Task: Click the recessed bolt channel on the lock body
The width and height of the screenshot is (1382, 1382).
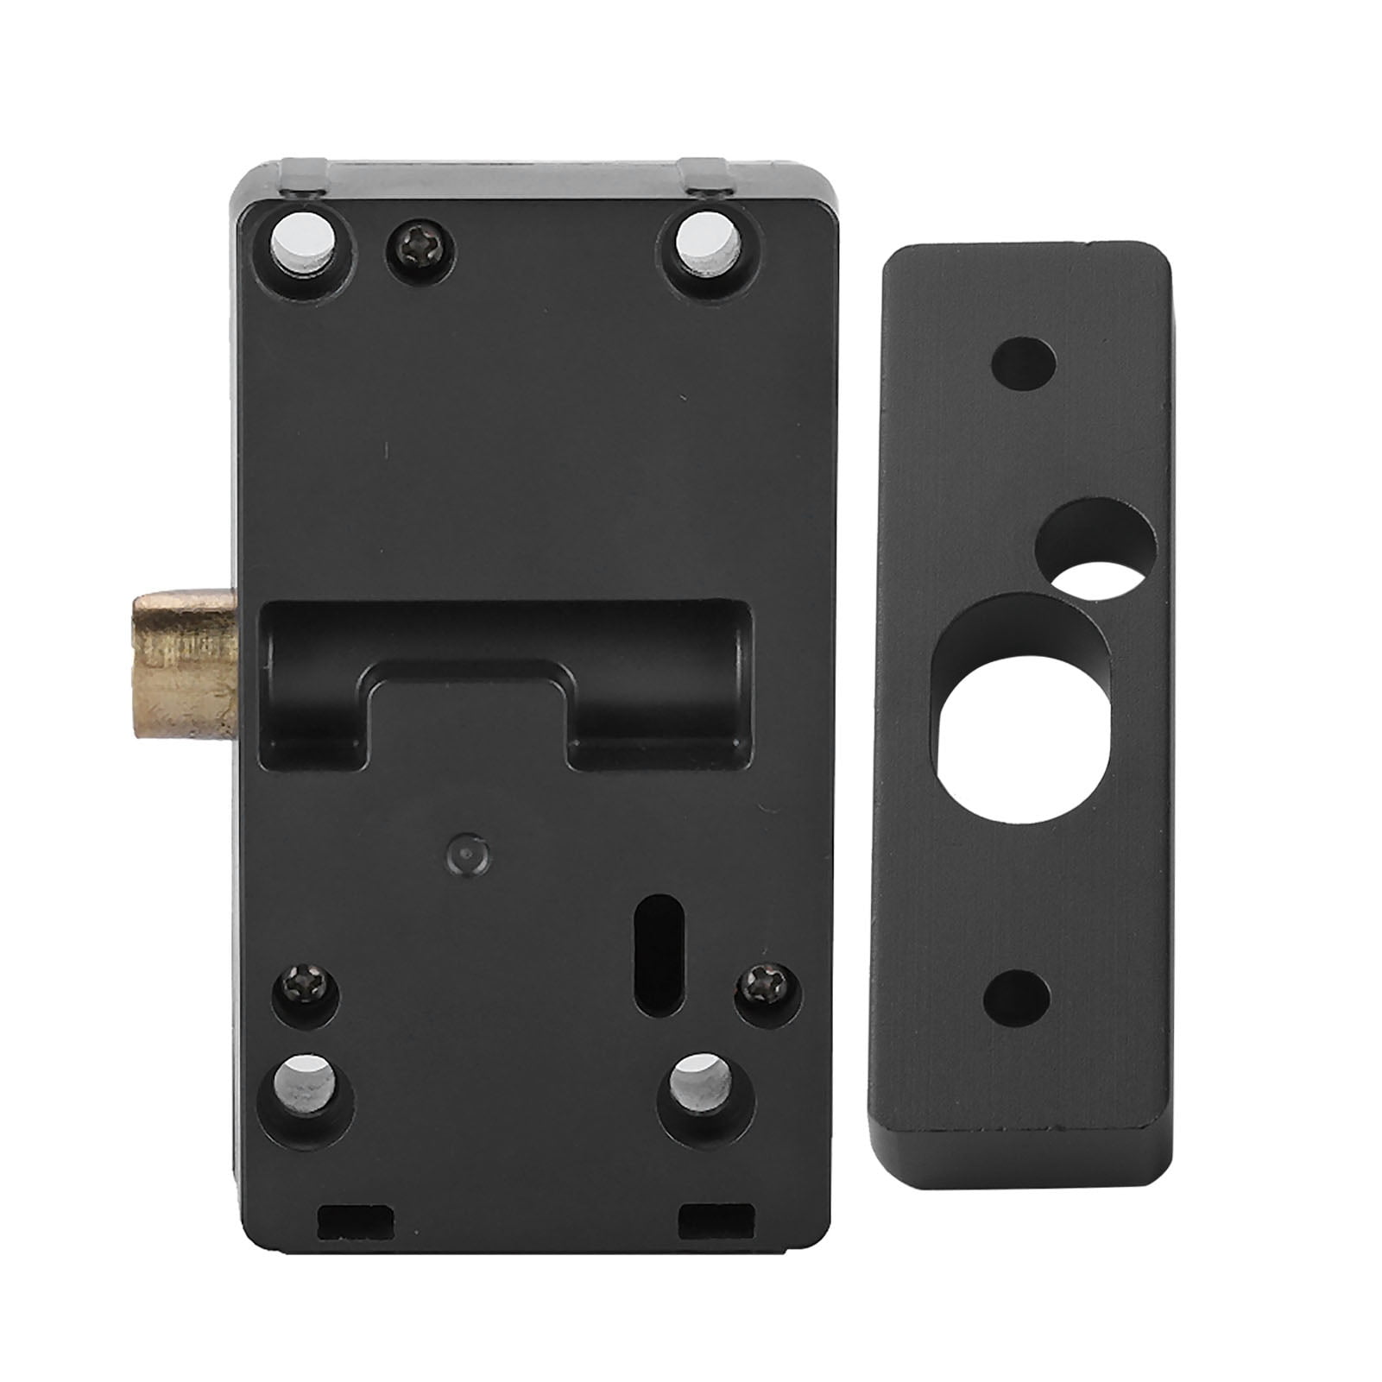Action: point(505,647)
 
